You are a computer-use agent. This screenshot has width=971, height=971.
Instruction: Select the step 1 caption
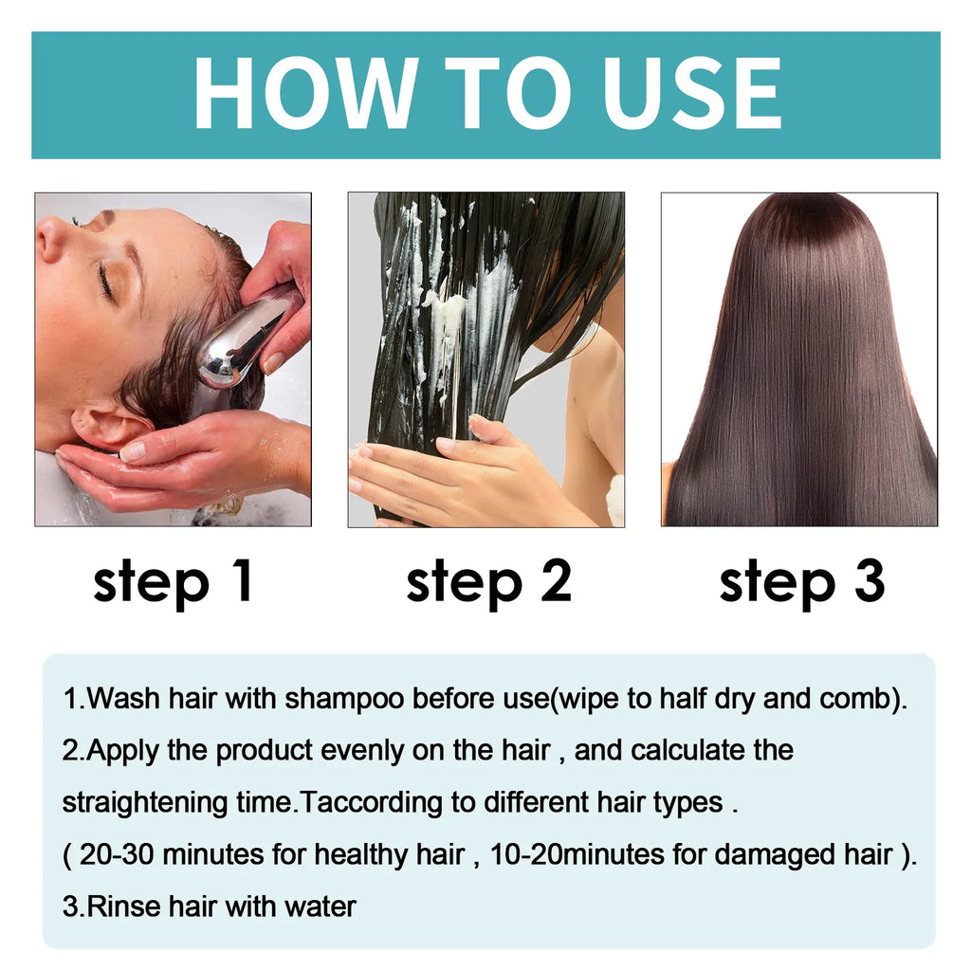click(x=174, y=581)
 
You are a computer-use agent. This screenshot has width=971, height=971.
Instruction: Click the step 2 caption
click(x=489, y=581)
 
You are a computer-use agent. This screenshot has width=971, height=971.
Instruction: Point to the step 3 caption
click(x=802, y=581)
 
